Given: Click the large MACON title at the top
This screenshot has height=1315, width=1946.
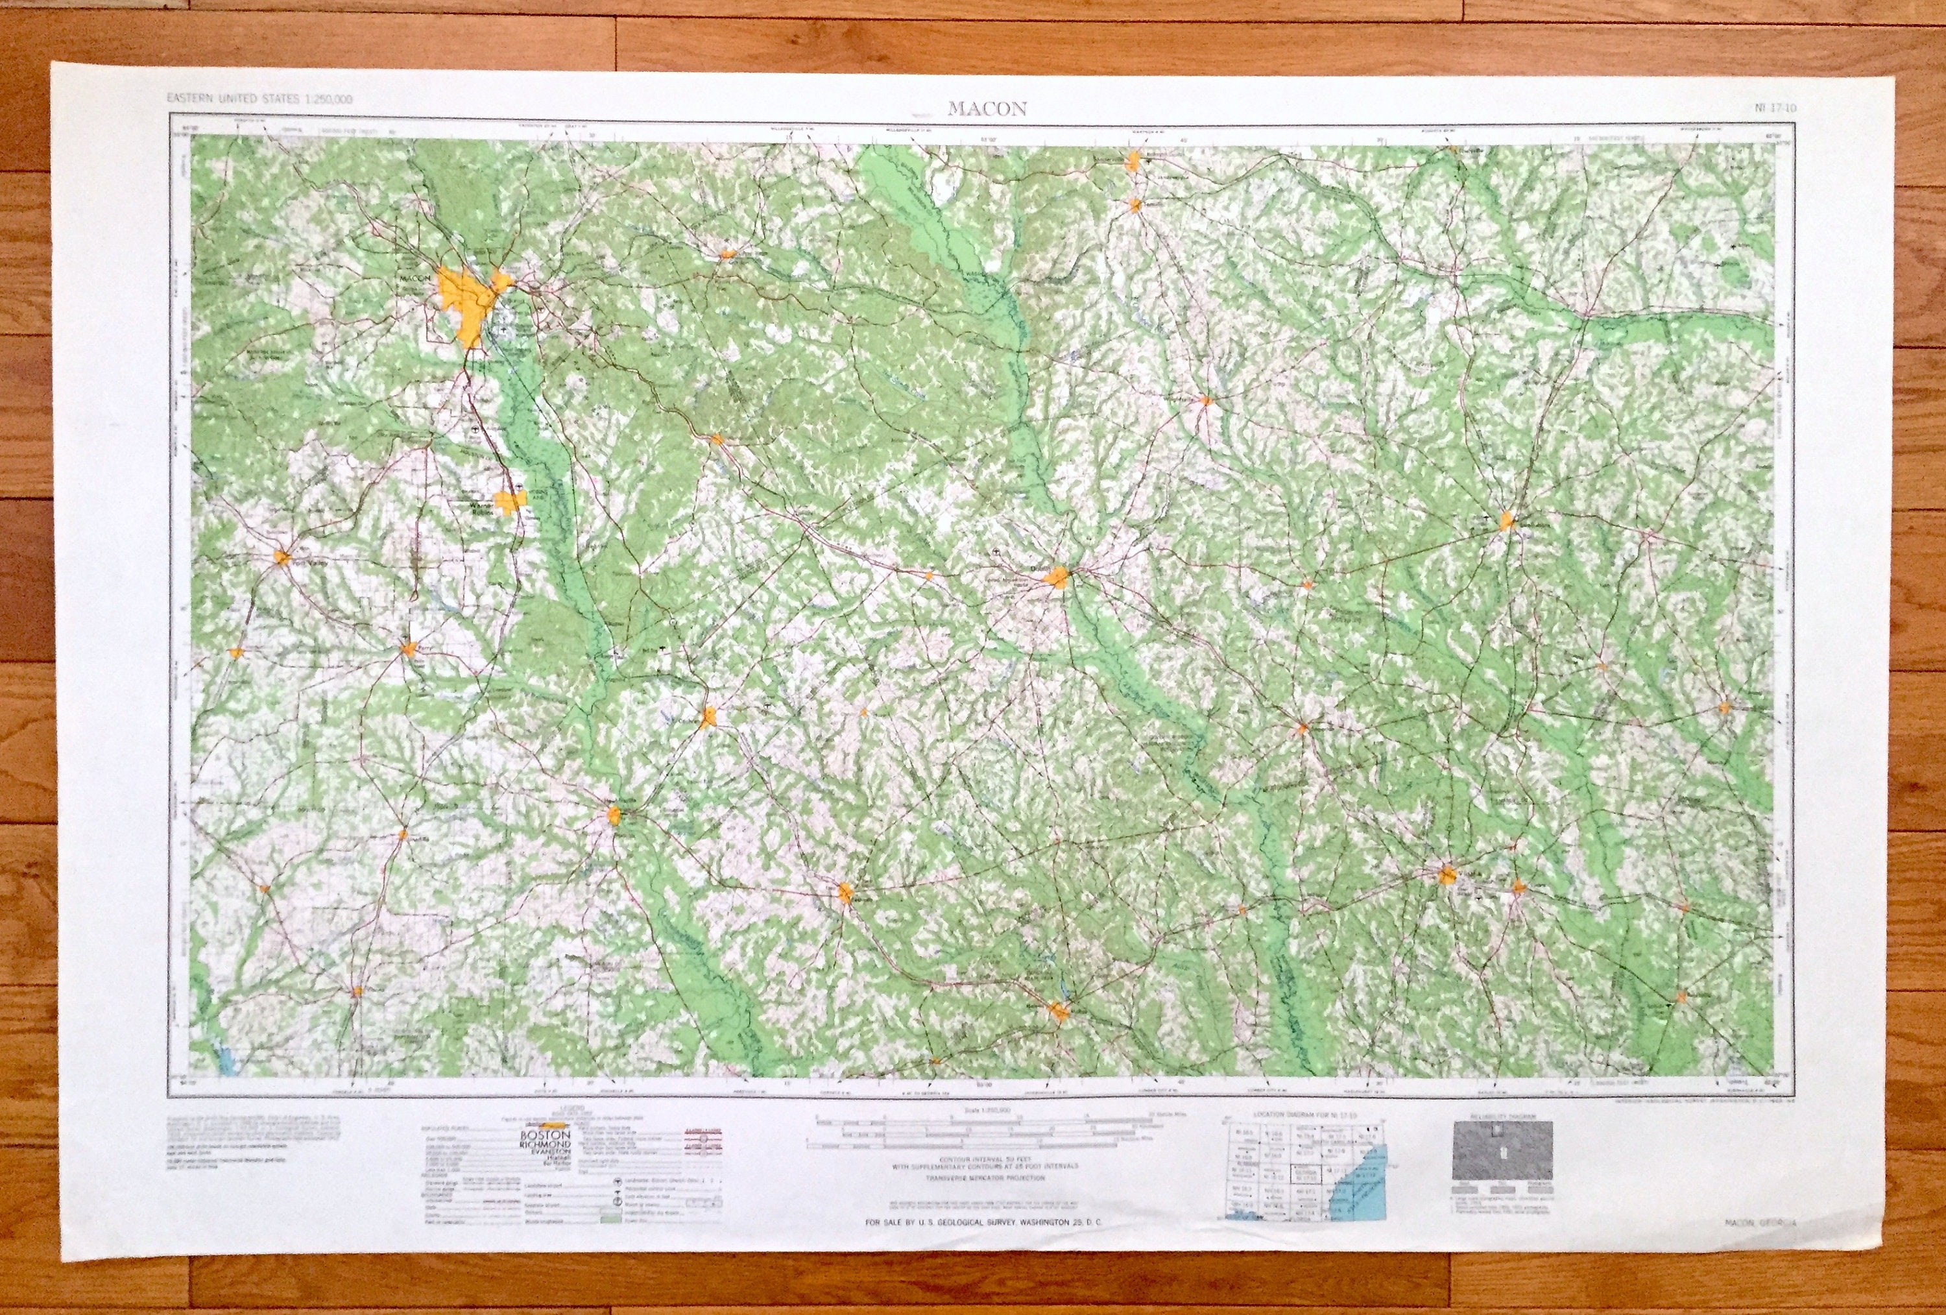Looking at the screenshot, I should click(987, 109).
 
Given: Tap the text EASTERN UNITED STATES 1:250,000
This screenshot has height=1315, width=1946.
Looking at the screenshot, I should click(259, 99).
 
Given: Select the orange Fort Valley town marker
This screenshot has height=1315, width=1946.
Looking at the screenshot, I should click(283, 555).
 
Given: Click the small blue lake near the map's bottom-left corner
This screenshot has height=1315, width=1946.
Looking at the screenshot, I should click(224, 1062).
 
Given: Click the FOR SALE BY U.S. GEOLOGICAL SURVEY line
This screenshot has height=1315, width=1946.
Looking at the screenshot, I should click(984, 1247).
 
